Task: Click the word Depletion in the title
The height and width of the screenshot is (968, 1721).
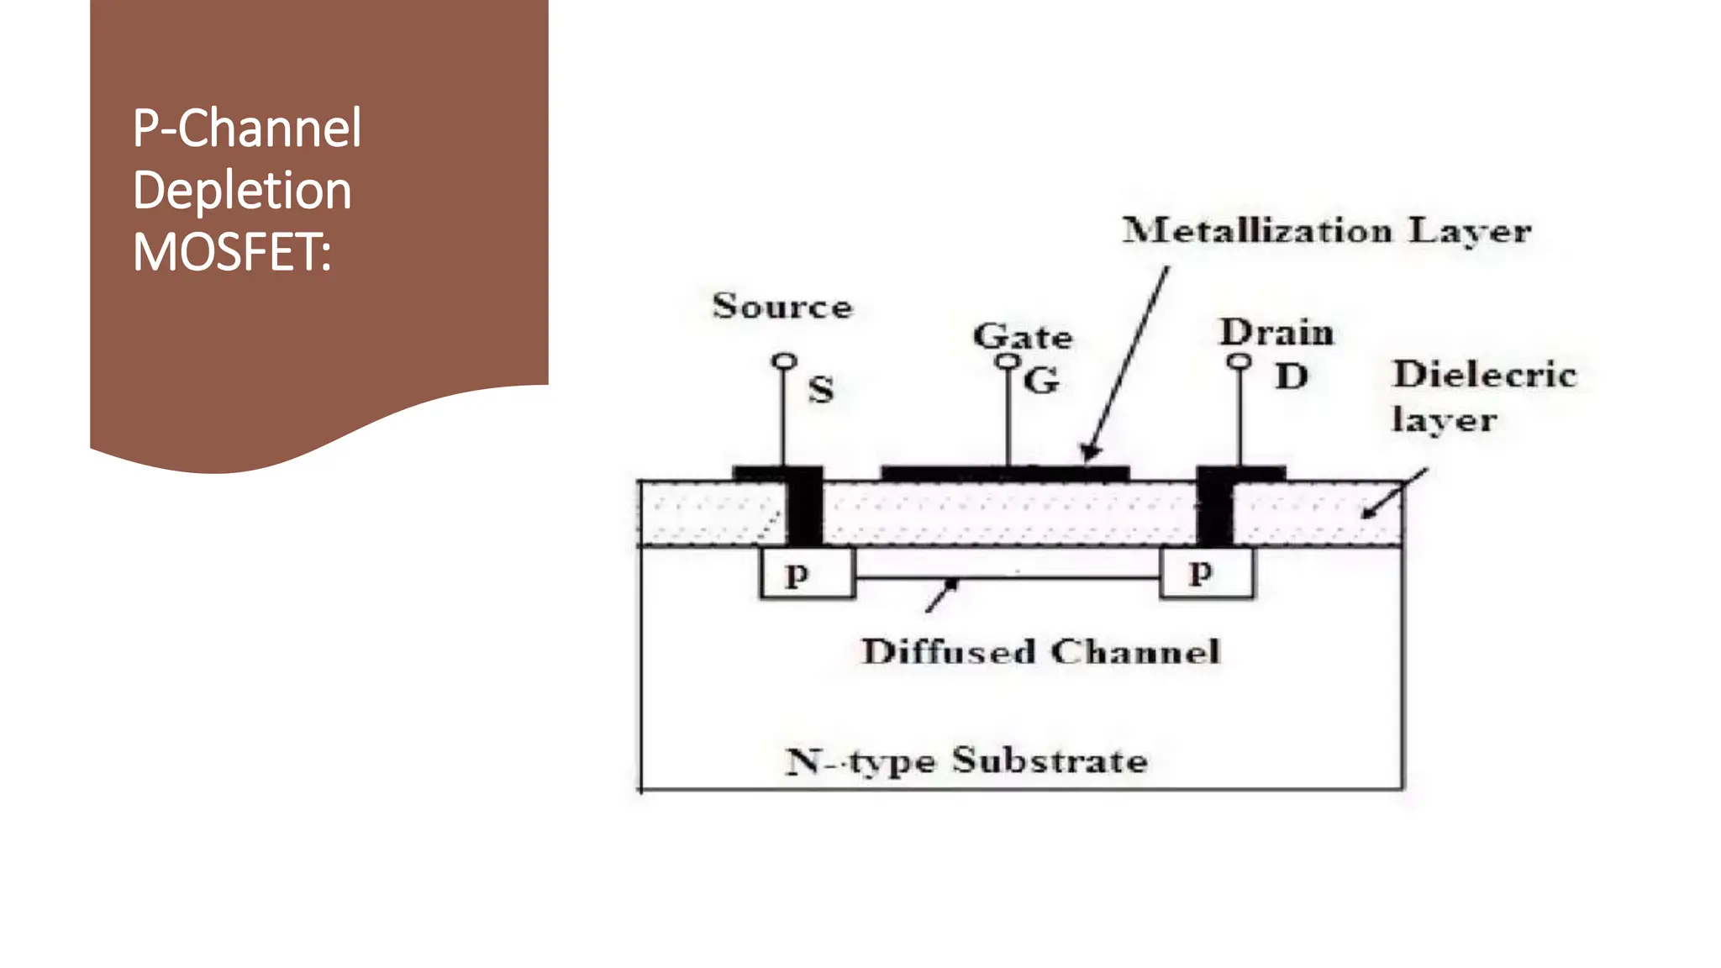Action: tap(241, 191)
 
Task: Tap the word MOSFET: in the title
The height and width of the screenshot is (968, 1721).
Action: tap(232, 252)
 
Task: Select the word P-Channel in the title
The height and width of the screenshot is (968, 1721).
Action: tap(246, 129)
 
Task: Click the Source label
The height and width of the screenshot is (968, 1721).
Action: tap(782, 306)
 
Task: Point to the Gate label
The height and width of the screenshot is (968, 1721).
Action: tap(1022, 337)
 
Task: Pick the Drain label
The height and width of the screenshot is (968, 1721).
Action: tap(1276, 333)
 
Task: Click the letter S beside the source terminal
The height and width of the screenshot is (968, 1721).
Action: tap(821, 390)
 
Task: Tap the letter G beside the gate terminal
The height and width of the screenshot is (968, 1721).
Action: tap(1041, 381)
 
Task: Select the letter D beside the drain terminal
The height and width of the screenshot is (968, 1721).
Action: tap(1291, 376)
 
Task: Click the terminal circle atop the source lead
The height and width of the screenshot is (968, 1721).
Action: tap(784, 361)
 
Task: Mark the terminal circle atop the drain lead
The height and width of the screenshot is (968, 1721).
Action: tap(1239, 361)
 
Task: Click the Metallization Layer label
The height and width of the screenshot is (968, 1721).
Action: tap(1326, 230)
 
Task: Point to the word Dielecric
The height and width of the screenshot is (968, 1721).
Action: tap(1484, 374)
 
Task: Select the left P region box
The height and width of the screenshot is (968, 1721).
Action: tap(807, 574)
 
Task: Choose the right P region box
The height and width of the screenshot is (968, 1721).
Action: tap(1206, 574)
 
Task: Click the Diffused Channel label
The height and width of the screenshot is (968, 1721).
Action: tap(1040, 652)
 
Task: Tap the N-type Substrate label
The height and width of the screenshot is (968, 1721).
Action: tap(966, 760)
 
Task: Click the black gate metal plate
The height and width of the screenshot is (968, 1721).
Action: tap(1004, 474)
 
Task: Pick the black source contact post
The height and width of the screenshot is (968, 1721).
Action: tap(804, 508)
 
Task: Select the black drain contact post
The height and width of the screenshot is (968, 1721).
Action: tap(1214, 508)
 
